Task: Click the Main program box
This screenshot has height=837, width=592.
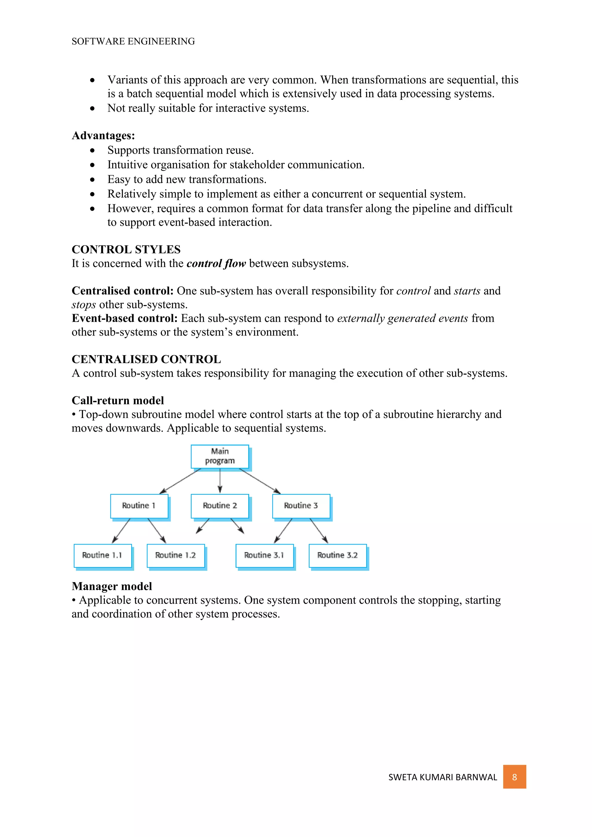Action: (220, 456)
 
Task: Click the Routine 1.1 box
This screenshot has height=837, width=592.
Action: (102, 555)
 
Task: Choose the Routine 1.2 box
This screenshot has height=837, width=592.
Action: (176, 555)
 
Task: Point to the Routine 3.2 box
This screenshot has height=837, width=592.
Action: (338, 555)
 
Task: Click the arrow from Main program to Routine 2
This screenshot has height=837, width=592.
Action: (220, 480)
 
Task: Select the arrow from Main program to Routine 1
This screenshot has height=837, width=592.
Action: (180, 481)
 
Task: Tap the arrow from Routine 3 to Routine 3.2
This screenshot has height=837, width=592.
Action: (319, 531)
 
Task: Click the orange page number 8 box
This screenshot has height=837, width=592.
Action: (514, 777)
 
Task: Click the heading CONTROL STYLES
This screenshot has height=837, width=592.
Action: (126, 249)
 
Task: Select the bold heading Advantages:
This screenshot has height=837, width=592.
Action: (103, 136)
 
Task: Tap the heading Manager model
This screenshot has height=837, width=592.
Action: (112, 586)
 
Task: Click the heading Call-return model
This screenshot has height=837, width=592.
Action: (118, 400)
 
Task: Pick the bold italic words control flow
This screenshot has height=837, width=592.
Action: (216, 263)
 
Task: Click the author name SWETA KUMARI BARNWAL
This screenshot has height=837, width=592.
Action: (443, 777)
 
